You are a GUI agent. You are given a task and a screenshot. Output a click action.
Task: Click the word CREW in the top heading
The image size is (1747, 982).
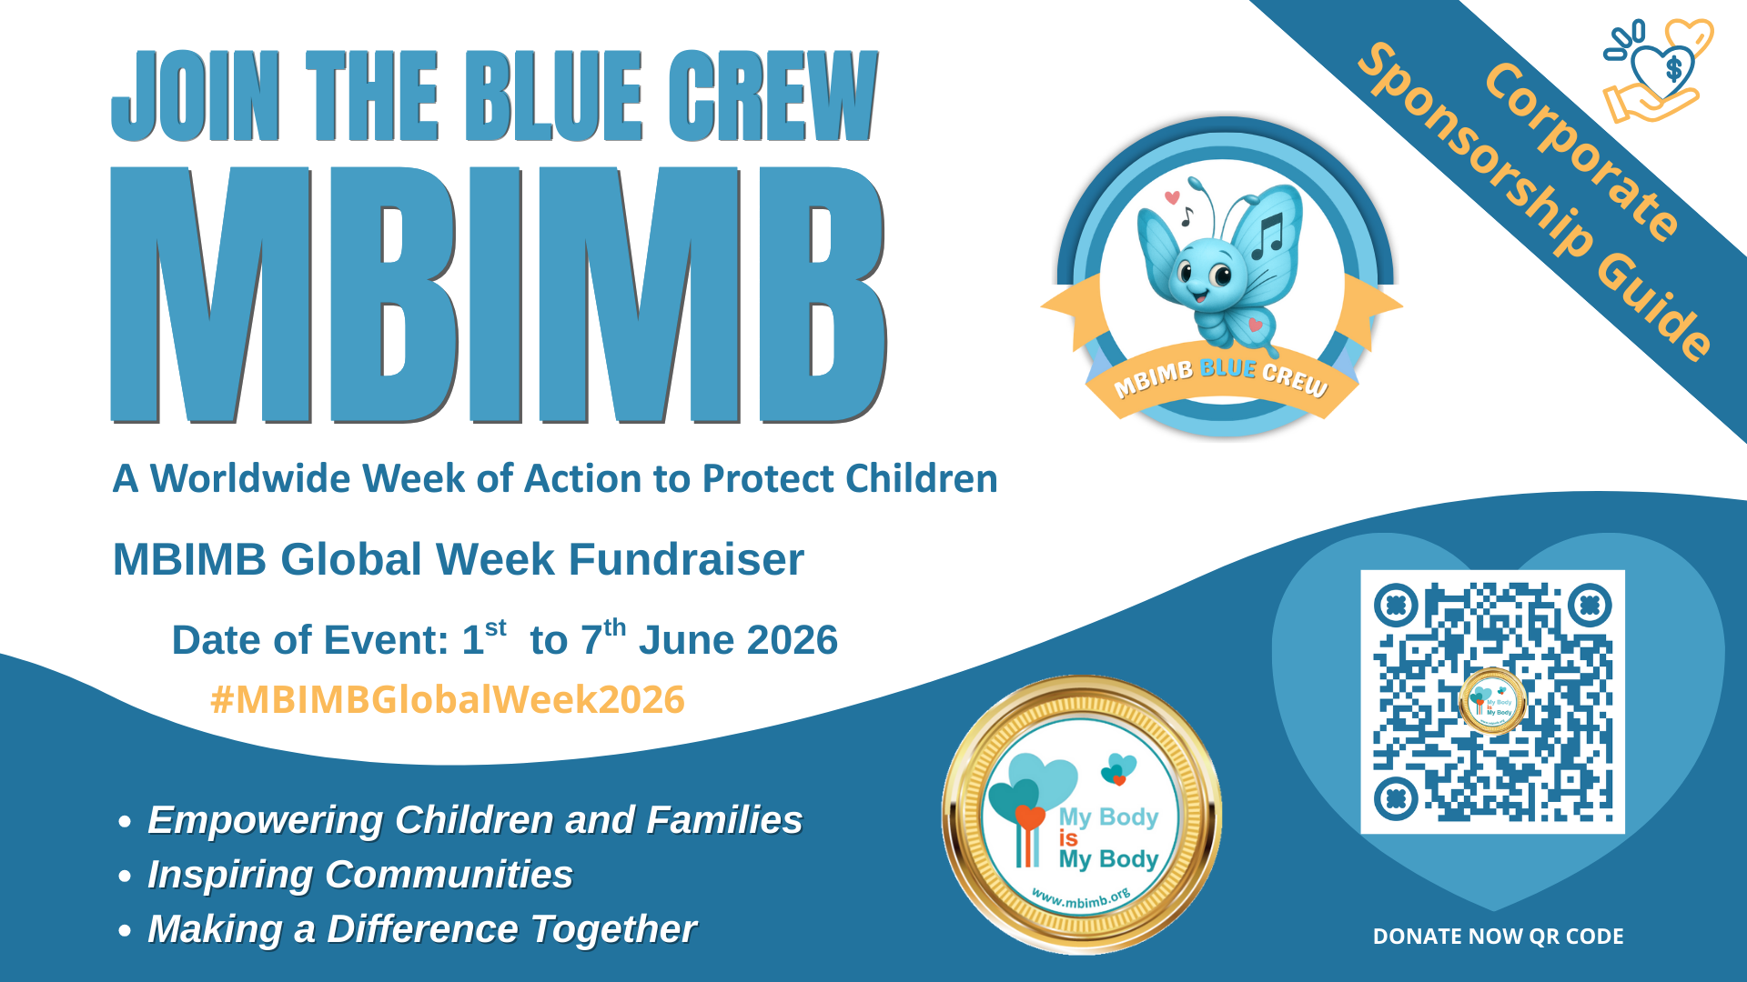tap(773, 95)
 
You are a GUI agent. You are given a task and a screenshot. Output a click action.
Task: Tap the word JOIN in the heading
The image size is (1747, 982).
tap(196, 95)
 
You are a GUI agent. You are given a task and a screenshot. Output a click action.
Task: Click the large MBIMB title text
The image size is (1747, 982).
tap(499, 296)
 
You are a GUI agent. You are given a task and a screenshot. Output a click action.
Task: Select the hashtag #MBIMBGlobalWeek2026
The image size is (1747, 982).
tap(447, 700)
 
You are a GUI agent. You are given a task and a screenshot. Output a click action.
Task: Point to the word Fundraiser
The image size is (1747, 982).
tap(686, 559)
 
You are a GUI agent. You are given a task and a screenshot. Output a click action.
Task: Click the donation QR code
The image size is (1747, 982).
tap(1492, 702)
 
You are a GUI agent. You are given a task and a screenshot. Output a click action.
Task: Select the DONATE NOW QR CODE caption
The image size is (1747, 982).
tap(1498, 937)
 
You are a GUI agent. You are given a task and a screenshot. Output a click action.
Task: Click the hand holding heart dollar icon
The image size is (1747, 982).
tap(1658, 71)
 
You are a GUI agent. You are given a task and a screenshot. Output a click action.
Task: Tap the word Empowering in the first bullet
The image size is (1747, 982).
tap(266, 821)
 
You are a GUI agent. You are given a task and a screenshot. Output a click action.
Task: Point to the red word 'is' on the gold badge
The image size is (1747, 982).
tap(1068, 838)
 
